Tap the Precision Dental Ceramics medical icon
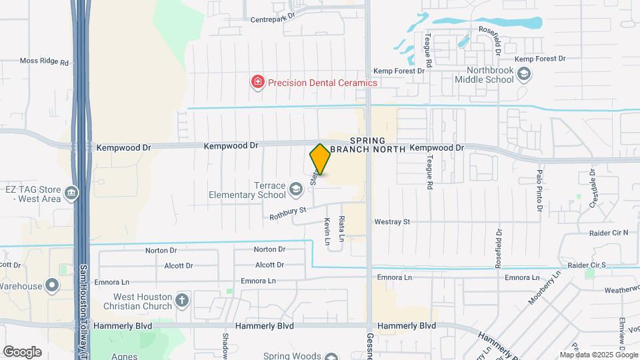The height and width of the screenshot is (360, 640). pyautogui.click(x=257, y=83)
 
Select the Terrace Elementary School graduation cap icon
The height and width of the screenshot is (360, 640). pyautogui.click(x=295, y=191)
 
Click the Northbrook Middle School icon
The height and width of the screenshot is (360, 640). pyautogui.click(x=524, y=74)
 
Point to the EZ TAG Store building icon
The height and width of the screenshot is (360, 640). pyautogui.click(x=71, y=194)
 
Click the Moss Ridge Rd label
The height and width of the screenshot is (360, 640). pyautogui.click(x=45, y=61)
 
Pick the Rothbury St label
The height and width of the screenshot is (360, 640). pyautogui.click(x=287, y=213)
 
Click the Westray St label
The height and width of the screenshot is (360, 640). pyautogui.click(x=392, y=221)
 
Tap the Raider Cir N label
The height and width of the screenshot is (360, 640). pyautogui.click(x=609, y=233)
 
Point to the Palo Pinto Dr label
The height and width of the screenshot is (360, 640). pyautogui.click(x=539, y=186)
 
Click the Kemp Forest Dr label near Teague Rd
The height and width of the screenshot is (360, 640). pyautogui.click(x=399, y=70)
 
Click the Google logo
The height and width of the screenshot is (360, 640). pyautogui.click(x=22, y=352)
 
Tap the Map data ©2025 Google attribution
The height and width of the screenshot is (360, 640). pyautogui.click(x=599, y=355)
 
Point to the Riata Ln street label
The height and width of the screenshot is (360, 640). pyautogui.click(x=342, y=229)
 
